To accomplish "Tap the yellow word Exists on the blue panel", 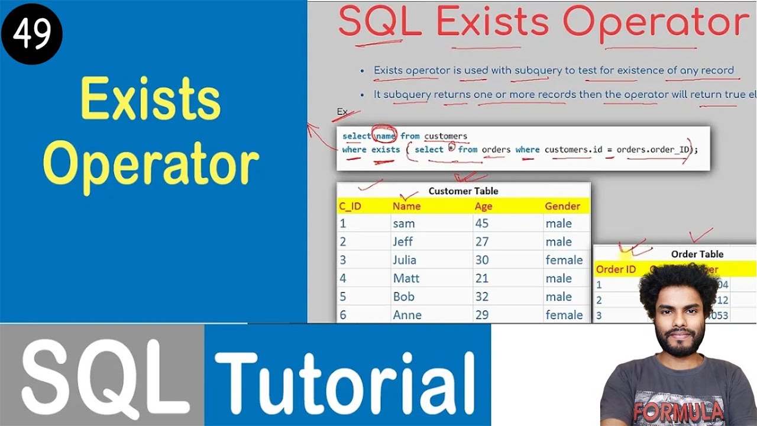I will point(150,99).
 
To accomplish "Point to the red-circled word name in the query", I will point(385,136).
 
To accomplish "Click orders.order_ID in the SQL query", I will point(653,150).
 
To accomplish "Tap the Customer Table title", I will point(463,191).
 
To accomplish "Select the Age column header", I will point(483,206).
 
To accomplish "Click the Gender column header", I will point(562,206).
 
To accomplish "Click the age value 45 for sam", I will point(482,224).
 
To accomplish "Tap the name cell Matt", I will point(406,278).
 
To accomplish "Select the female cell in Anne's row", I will point(564,315).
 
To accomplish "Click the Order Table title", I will point(697,254).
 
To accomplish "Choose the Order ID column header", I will point(616,270).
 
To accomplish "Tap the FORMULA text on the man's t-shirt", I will point(678,410).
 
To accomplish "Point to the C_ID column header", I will point(350,206).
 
